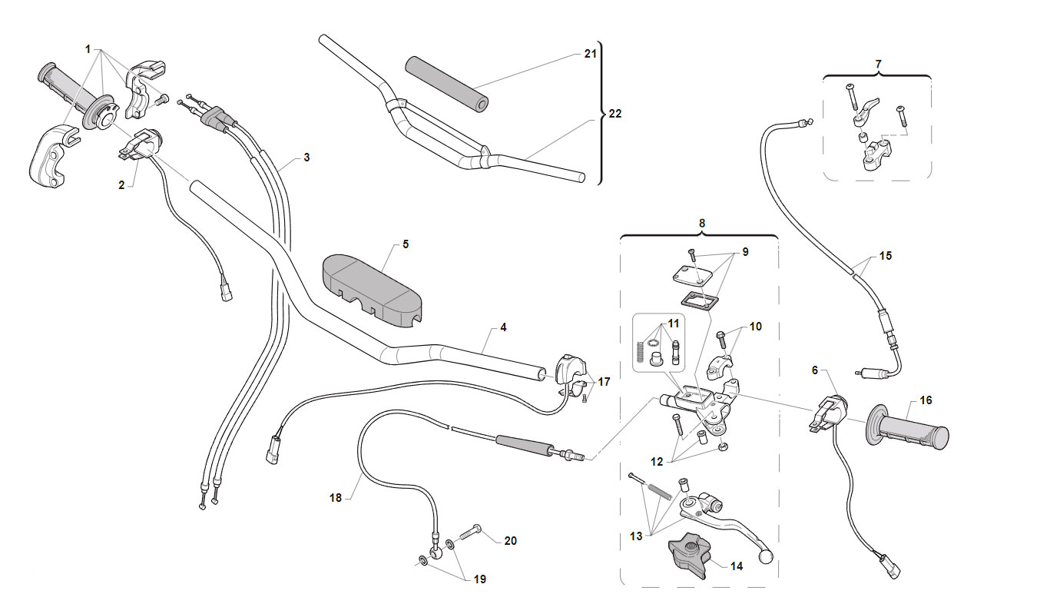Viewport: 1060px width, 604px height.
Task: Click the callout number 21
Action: tap(590, 54)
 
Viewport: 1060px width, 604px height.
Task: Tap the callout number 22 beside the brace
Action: tap(614, 114)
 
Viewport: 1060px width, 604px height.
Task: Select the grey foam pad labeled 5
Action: tap(372, 290)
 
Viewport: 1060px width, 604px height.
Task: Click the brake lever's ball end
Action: tap(765, 556)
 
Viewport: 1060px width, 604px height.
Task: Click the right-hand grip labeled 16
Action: tap(907, 432)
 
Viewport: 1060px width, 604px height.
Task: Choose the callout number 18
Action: tap(336, 498)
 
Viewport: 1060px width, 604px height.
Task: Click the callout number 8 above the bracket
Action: tap(702, 223)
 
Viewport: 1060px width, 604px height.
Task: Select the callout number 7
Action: tap(878, 64)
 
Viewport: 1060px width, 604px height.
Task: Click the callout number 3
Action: tap(306, 158)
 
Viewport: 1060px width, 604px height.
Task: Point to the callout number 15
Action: tap(886, 256)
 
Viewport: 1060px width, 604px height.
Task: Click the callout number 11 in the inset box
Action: tap(674, 324)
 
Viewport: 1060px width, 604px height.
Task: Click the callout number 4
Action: tap(504, 327)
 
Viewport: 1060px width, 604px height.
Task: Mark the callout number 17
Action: tap(604, 381)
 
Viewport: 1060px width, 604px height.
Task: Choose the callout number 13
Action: tap(636, 536)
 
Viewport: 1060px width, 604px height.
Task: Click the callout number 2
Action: tap(121, 185)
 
